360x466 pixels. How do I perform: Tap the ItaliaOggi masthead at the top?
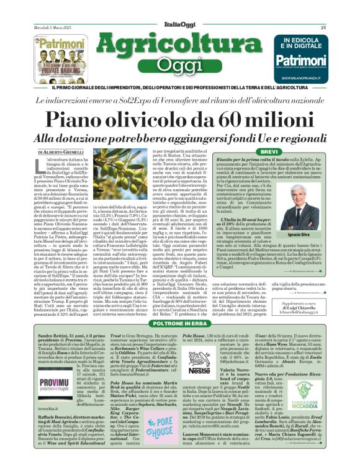click(x=179, y=9)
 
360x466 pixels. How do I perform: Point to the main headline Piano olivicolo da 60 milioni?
click(x=179, y=117)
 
